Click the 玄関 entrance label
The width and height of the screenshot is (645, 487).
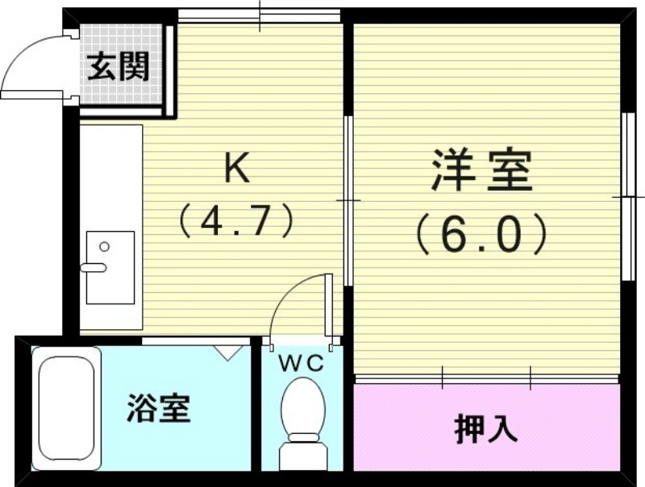[119, 67]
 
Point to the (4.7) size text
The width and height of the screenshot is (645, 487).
[234, 220]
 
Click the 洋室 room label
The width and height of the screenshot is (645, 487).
[482, 171]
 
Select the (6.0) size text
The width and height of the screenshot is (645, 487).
[482, 233]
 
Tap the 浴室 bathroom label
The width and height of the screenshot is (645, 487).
[158, 409]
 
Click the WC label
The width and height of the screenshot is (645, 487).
[301, 363]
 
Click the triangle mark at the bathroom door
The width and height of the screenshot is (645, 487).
[229, 351]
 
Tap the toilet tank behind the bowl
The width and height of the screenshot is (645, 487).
[301, 456]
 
